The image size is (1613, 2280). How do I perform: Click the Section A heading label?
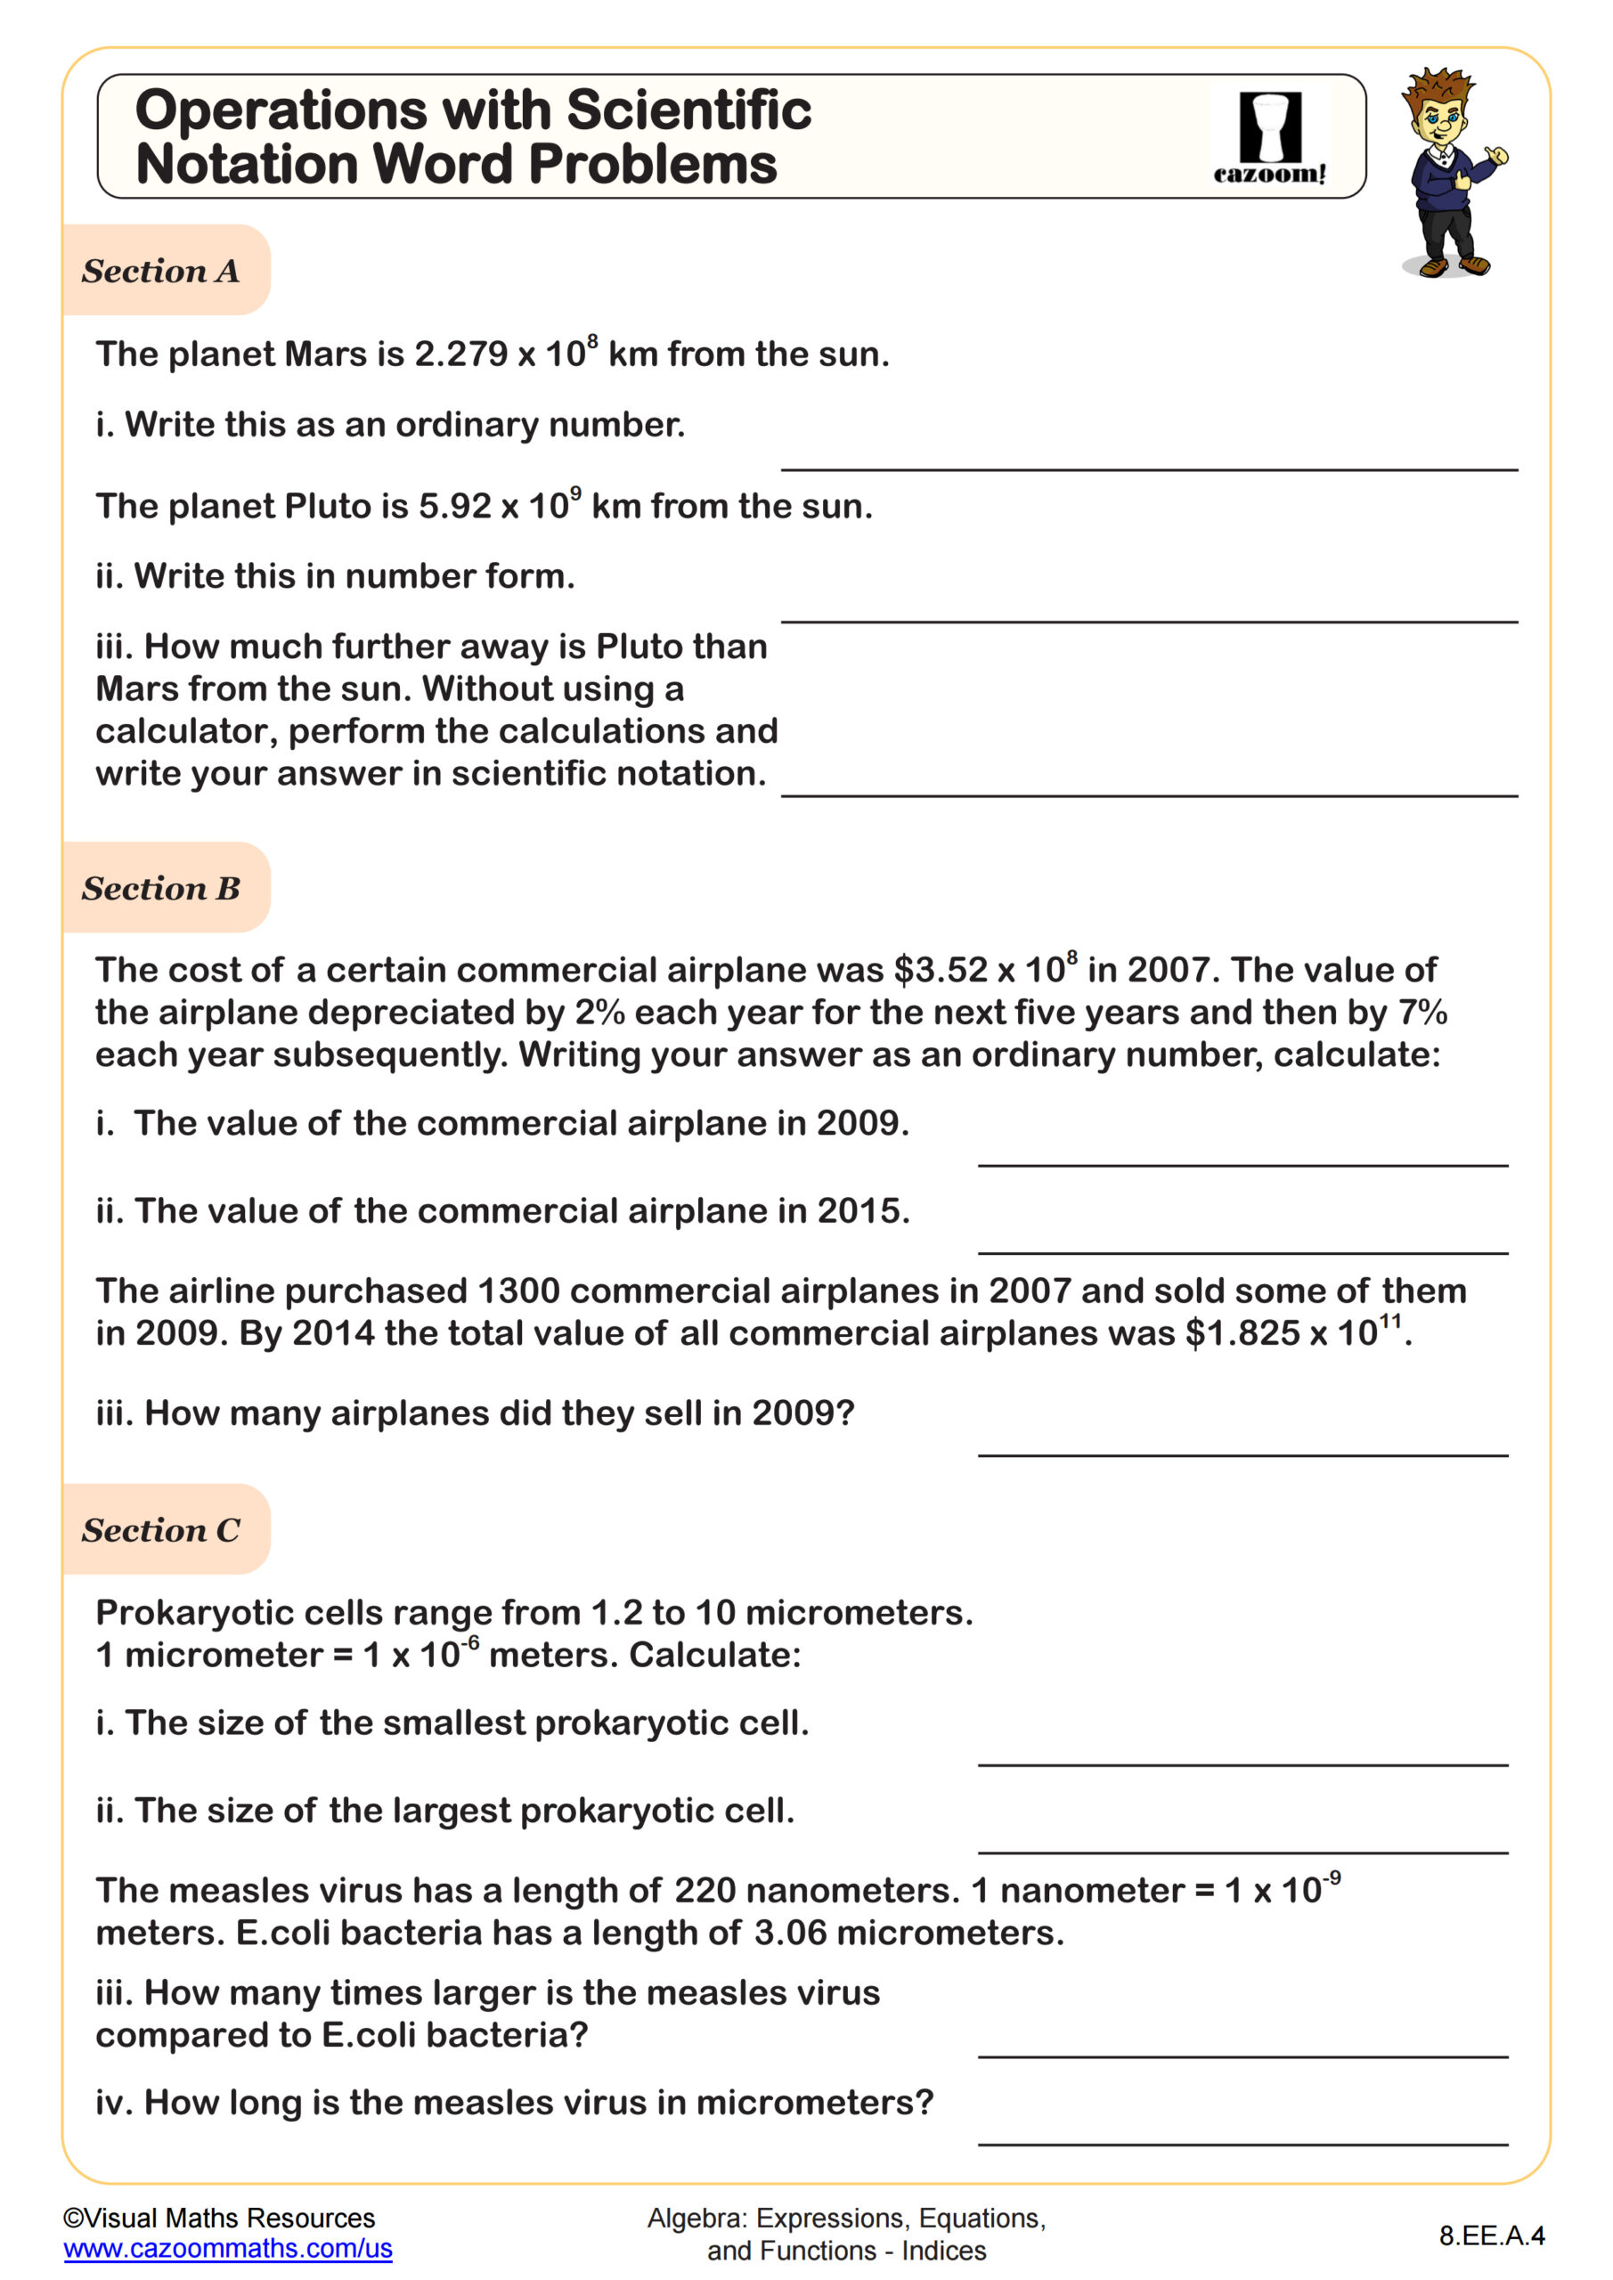tap(160, 271)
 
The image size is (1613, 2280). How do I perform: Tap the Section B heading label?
tap(160, 888)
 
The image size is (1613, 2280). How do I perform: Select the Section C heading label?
tap(160, 1530)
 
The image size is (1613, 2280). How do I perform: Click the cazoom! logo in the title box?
tap(1269, 139)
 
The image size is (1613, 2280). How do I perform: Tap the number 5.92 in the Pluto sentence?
tap(455, 507)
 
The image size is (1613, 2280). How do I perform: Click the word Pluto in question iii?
tap(640, 647)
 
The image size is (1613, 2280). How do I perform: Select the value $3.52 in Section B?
tap(940, 970)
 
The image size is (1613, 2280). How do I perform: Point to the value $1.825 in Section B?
tap(1242, 1333)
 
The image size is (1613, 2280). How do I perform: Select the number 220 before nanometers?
tap(705, 1891)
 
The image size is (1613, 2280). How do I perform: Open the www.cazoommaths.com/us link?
tap(227, 2248)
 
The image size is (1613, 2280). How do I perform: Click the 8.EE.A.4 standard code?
tap(1491, 2235)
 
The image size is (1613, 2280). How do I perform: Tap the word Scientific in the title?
tap(688, 110)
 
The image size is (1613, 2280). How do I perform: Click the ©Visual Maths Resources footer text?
tap(218, 2219)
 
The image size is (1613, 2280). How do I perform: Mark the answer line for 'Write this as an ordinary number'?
tap(1148, 468)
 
